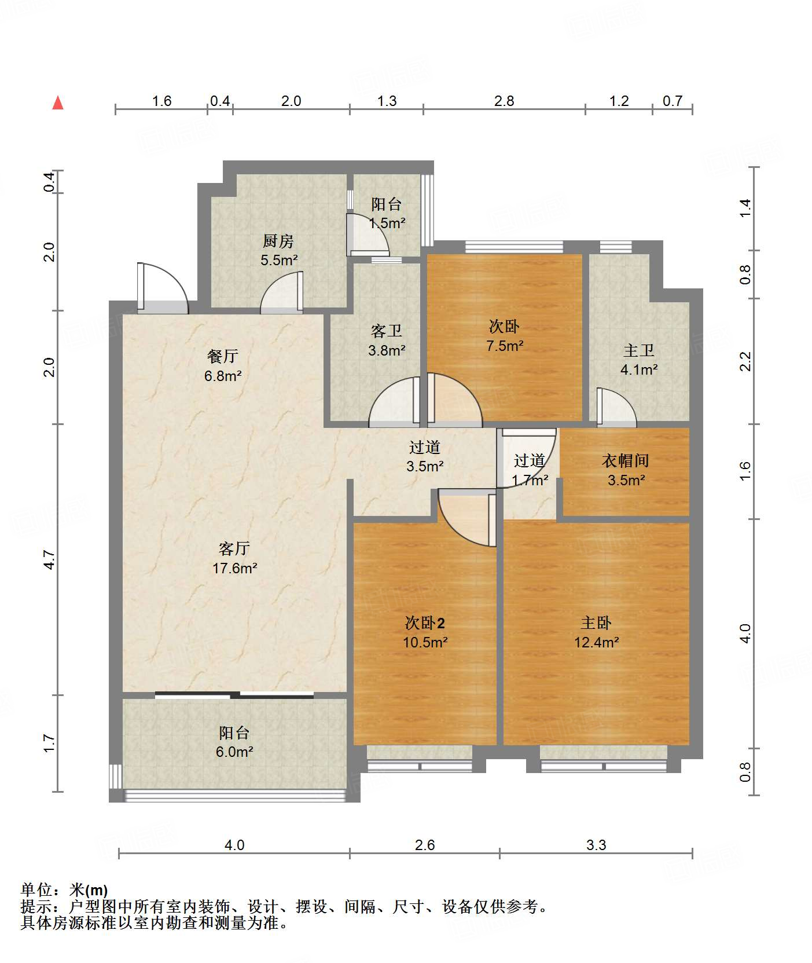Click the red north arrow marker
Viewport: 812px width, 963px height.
coord(58,103)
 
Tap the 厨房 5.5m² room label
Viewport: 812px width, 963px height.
coord(278,250)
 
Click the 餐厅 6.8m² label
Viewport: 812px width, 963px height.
coord(223,366)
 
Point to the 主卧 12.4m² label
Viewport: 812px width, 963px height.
coord(596,632)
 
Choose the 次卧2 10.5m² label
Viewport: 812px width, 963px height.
coord(425,632)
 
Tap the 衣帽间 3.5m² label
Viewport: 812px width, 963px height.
coord(626,470)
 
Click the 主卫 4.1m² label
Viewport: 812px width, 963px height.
coord(639,360)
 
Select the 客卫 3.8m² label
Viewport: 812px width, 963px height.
coord(387,340)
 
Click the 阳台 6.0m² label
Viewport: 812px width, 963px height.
coord(234,742)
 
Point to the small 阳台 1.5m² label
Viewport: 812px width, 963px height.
coord(387,213)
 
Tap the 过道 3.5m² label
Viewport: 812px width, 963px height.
coord(425,456)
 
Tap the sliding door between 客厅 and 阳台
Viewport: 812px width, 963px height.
coord(234,695)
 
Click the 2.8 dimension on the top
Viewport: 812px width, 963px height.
coord(504,101)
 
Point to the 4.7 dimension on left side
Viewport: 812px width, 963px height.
coord(49,559)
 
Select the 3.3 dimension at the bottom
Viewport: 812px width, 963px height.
coord(596,845)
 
